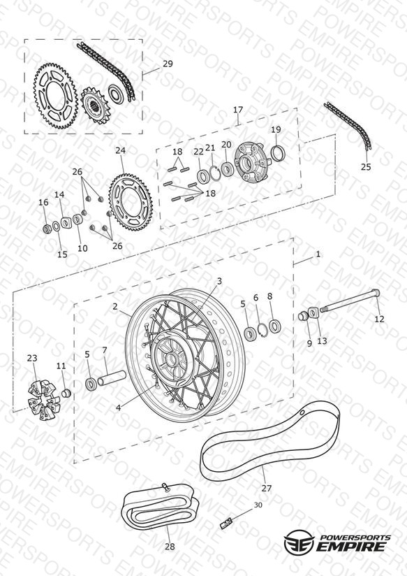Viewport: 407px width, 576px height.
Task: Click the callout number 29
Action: (168, 64)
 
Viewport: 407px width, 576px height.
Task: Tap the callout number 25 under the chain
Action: (366, 167)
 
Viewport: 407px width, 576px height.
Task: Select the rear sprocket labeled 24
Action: (131, 203)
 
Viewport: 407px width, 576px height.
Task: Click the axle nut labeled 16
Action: (47, 229)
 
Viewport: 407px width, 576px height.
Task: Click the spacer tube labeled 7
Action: (111, 378)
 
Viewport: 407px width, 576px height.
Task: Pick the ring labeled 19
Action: (278, 154)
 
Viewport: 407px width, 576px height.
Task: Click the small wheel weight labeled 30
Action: (226, 521)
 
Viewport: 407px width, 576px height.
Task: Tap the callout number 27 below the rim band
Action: (267, 488)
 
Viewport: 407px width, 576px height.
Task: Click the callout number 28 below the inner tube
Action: (170, 547)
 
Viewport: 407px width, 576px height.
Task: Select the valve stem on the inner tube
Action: (165, 488)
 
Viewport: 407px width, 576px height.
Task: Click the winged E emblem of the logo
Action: (299, 541)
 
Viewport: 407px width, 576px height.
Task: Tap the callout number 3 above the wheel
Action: (219, 282)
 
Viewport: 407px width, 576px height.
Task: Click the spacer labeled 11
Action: (66, 393)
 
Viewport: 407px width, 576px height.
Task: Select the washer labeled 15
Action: (56, 226)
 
